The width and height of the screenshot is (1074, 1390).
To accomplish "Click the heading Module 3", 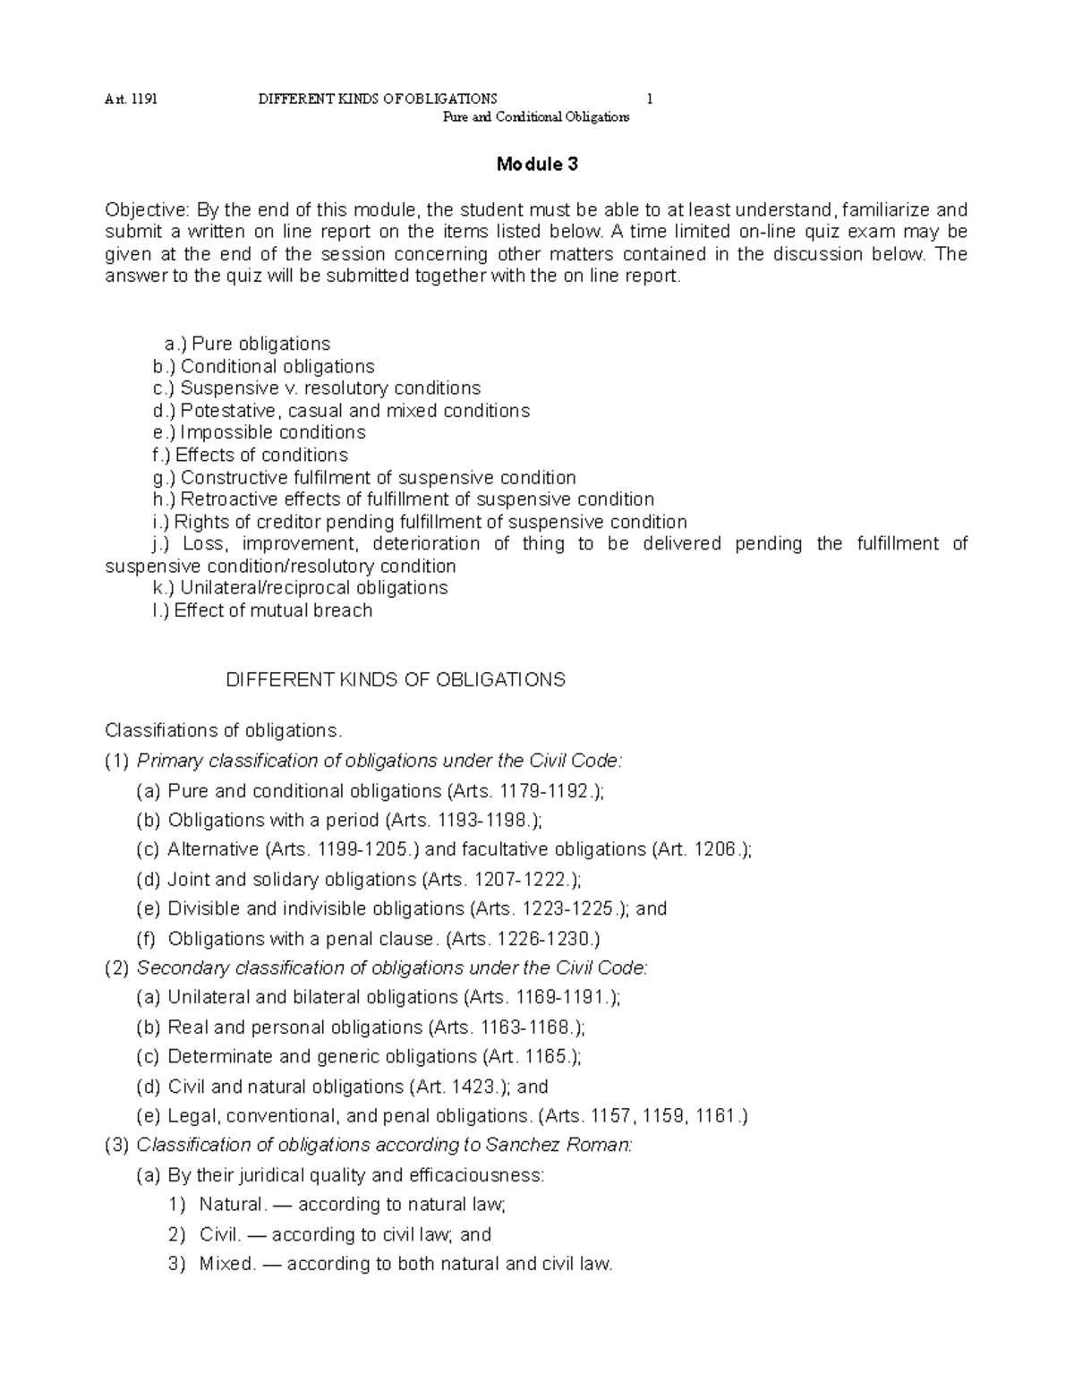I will click(537, 165).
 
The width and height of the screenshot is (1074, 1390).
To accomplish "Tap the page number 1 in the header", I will click(649, 98).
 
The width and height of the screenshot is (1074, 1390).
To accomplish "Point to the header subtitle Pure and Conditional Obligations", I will click(537, 117).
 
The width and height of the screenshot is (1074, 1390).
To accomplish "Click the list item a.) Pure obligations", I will click(248, 344).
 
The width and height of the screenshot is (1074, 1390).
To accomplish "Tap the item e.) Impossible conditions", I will click(260, 432).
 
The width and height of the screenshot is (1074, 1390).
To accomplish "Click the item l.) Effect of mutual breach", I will click(262, 610).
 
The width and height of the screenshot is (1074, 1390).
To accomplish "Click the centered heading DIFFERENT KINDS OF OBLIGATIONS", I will click(395, 679).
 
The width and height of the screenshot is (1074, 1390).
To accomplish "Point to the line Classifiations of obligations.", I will click(224, 730).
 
